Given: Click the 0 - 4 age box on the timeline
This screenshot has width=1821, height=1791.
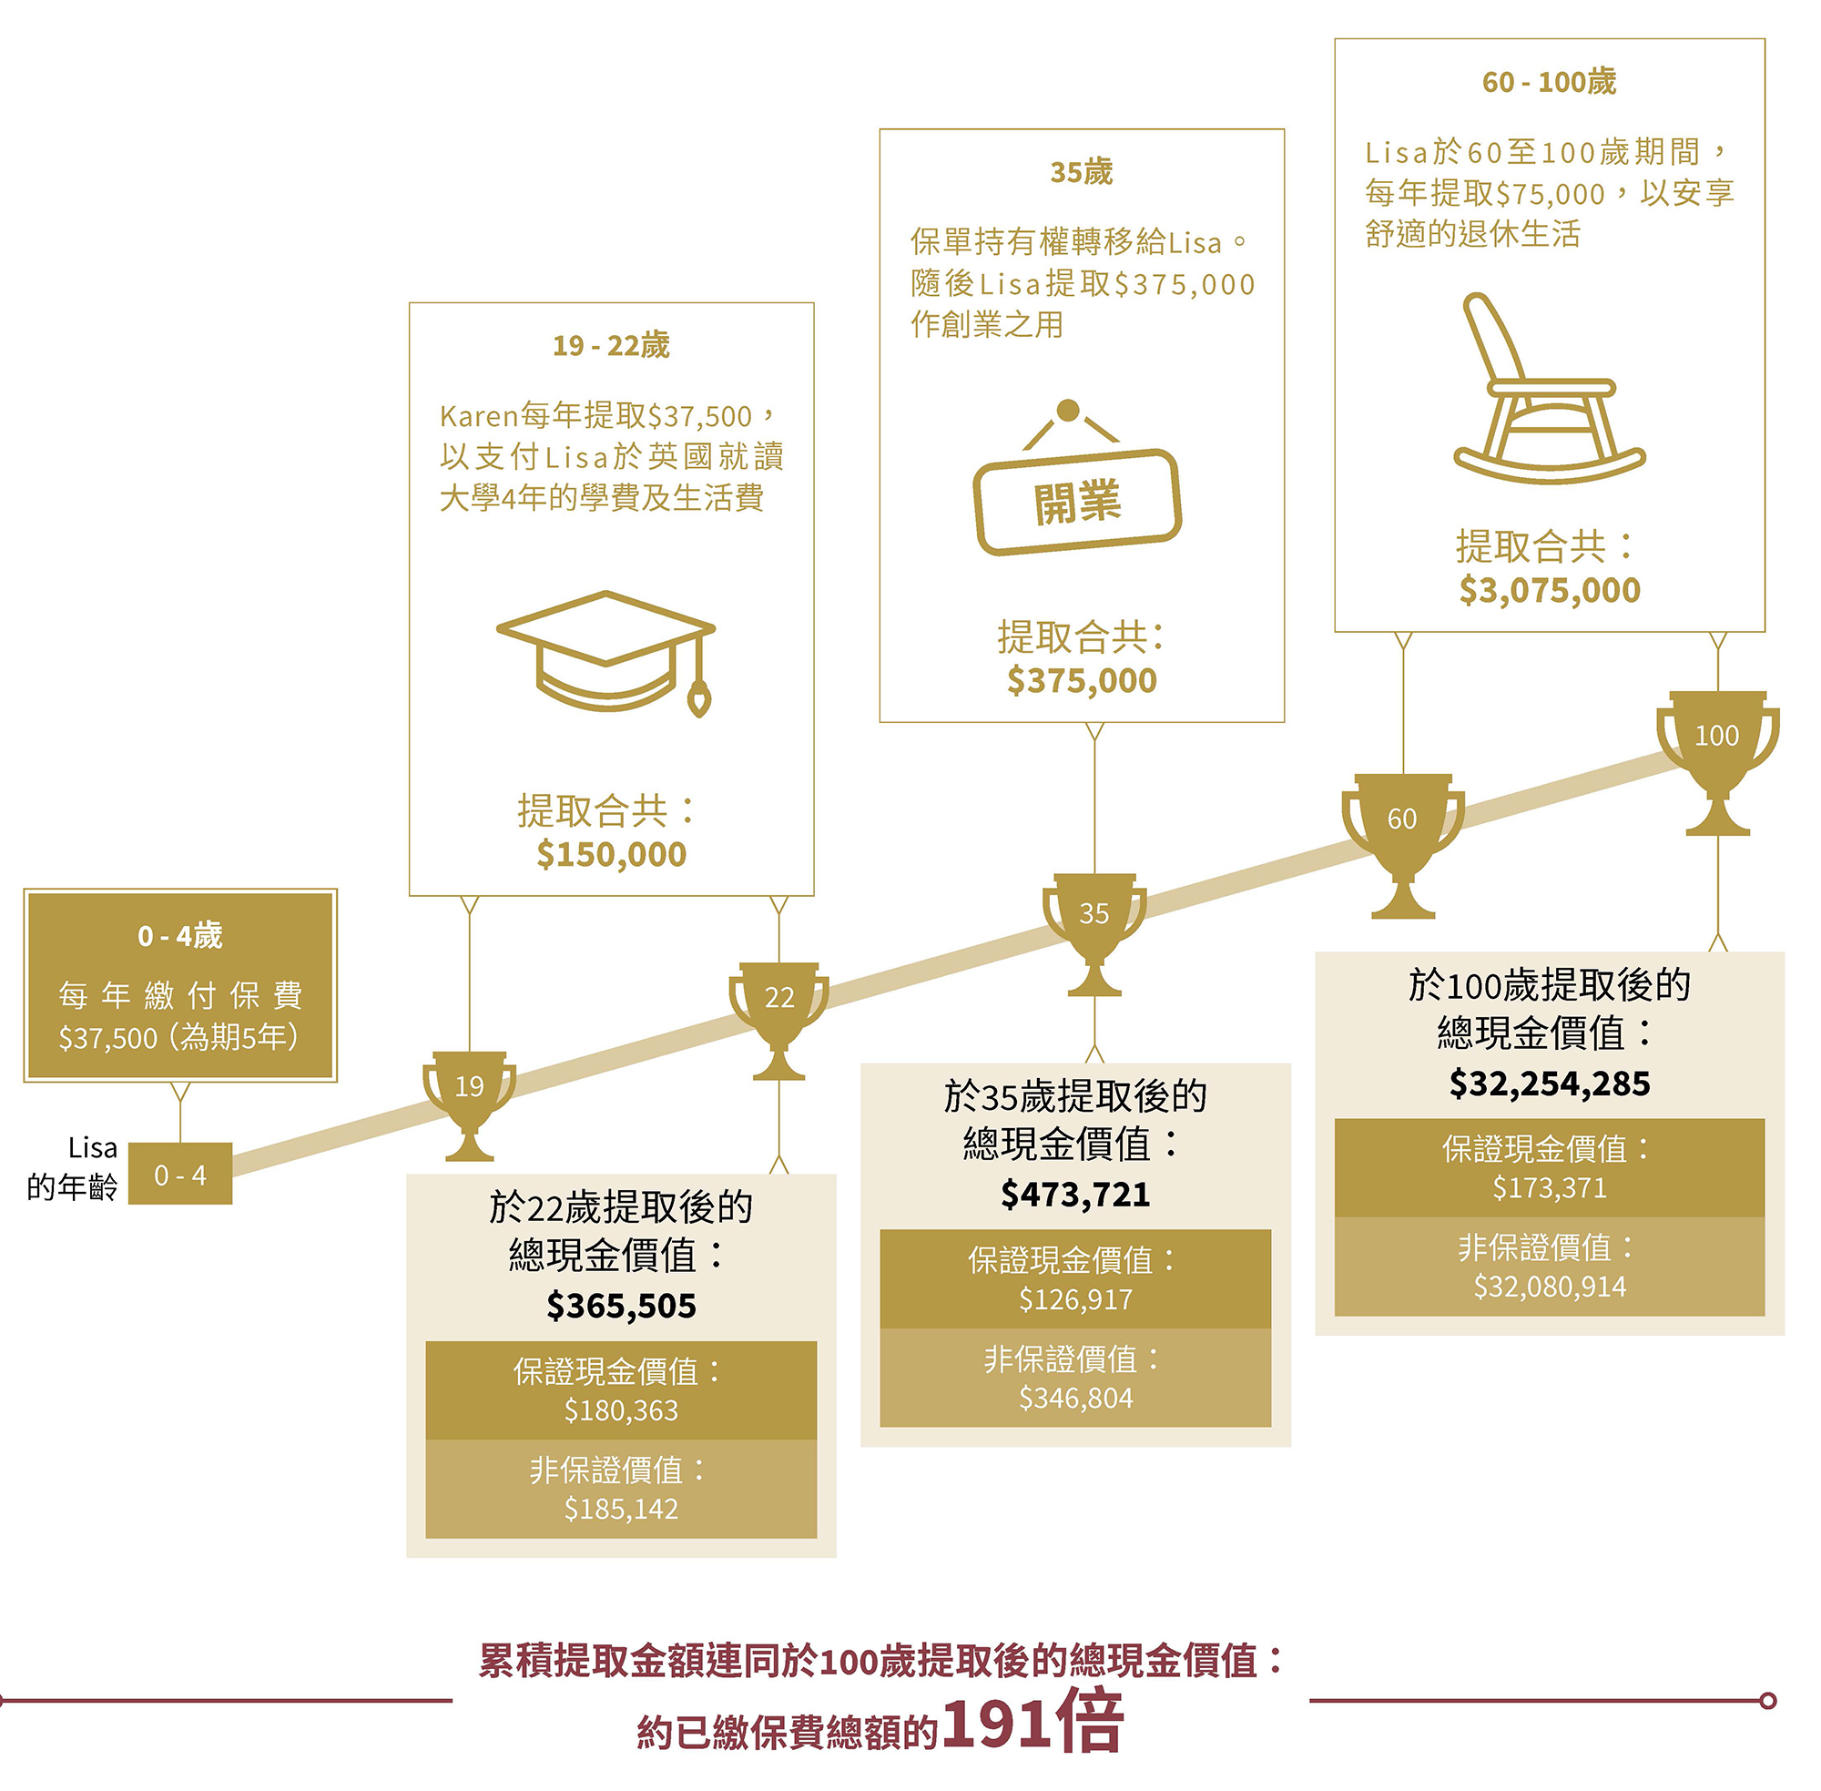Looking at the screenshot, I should click(179, 1173).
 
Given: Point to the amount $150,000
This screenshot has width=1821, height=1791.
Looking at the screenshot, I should click(611, 854).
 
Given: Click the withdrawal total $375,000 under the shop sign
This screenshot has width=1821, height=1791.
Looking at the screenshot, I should click(1082, 680).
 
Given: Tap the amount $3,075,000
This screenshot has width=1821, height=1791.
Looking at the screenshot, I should click(1549, 590).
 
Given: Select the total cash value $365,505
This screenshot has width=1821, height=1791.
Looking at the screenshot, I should click(621, 1306).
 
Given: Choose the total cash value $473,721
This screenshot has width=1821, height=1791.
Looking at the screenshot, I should click(1075, 1195).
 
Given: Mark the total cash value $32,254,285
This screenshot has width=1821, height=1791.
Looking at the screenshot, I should click(1549, 1084).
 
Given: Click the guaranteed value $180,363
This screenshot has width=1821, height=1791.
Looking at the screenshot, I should click(621, 1410).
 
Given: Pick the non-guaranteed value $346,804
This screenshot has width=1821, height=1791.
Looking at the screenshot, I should click(1075, 1398).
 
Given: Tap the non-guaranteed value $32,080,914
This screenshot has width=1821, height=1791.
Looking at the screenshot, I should click(1549, 1286).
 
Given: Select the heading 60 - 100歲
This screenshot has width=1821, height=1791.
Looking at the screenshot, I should click(1548, 82).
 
